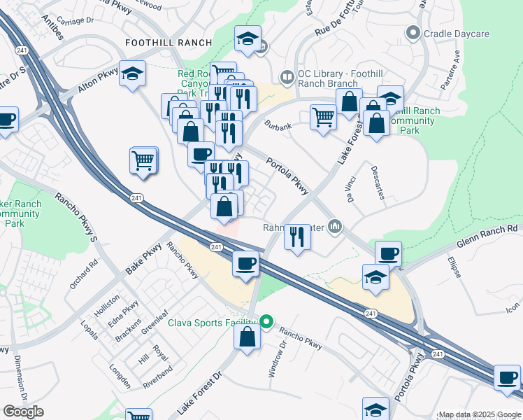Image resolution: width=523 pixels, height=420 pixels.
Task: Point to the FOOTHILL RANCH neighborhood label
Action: pyautogui.click(x=168, y=43)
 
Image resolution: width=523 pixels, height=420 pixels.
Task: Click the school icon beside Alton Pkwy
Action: pyautogui.click(x=132, y=74)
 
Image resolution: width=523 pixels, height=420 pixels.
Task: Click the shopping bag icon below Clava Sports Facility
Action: pyautogui.click(x=248, y=337)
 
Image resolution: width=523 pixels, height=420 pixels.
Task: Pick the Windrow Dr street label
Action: pyautogui.click(x=276, y=358)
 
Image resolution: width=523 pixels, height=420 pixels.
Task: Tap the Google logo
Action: pyautogui.click(x=24, y=412)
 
